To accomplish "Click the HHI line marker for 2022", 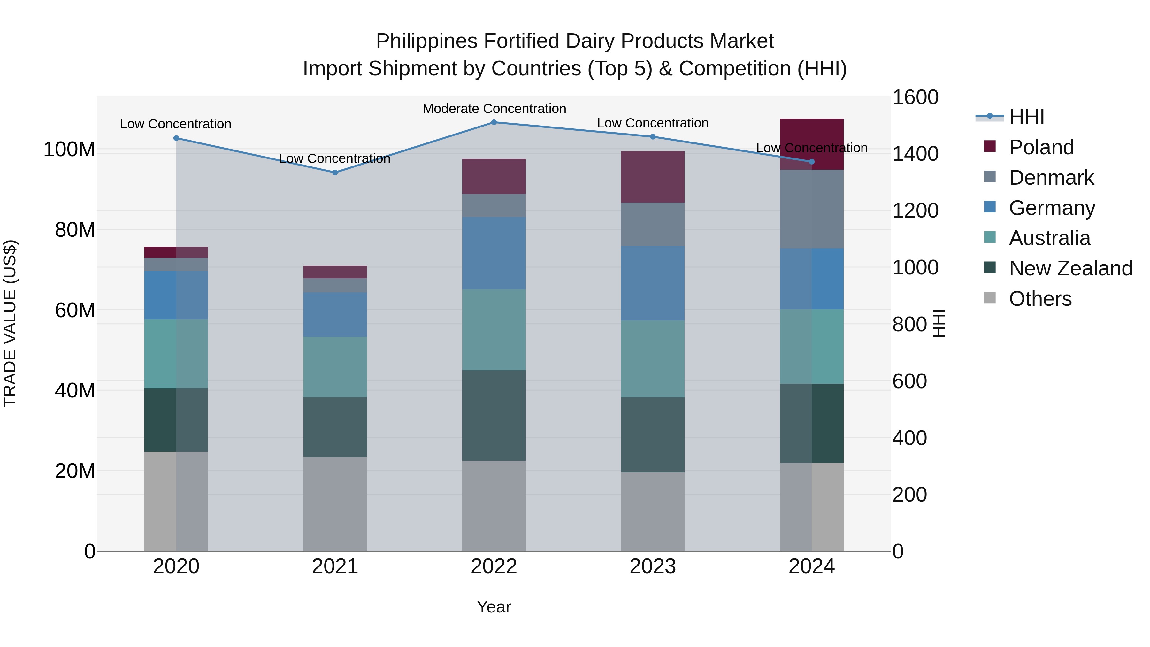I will coord(494,122).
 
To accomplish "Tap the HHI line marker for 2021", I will coord(335,172).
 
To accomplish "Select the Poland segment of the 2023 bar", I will coord(653,177).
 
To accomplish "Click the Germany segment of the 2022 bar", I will coord(494,253).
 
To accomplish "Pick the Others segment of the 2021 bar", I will coord(335,504).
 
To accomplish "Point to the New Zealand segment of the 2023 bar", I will coord(653,435).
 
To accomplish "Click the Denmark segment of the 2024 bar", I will coord(812,209).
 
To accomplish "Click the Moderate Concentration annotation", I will coord(494,109).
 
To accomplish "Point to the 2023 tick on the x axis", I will coord(653,566).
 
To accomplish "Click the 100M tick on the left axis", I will coord(69,149).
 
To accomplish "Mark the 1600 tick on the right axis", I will coord(915,97).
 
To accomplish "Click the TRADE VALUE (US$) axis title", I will coord(10,323).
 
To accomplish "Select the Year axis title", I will coord(494,607).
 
